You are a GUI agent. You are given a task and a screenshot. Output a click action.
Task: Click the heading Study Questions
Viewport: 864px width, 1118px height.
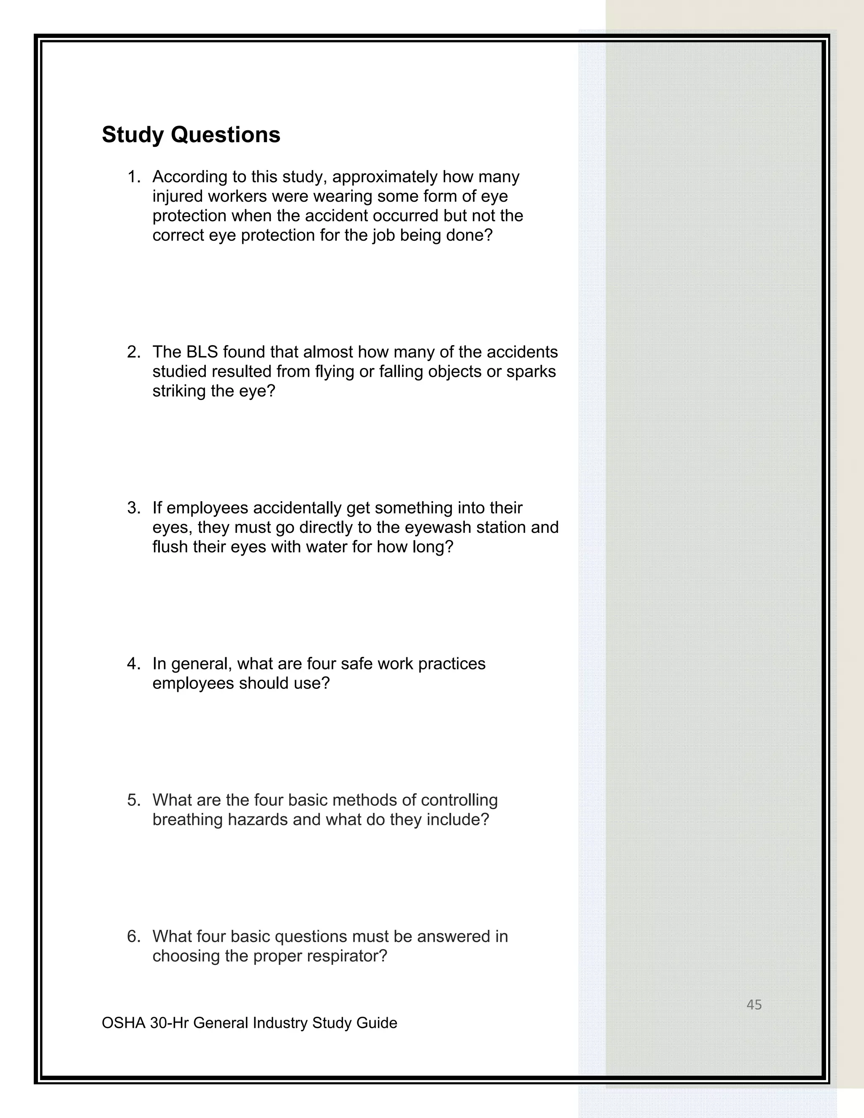click(x=191, y=135)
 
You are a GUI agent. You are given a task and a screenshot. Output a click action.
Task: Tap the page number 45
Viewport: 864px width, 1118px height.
click(x=754, y=1005)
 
